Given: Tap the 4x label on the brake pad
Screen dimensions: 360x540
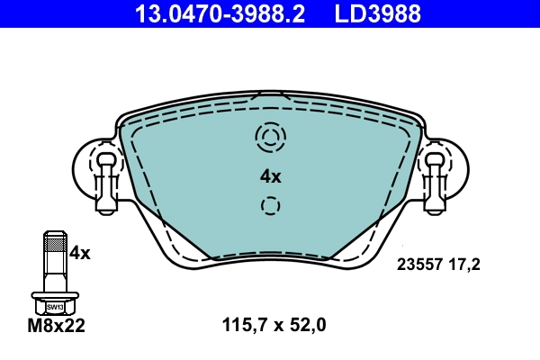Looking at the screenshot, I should [270, 176].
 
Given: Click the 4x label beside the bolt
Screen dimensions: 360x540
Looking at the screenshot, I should [80, 253].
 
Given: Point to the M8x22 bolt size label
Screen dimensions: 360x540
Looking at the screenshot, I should [56, 327].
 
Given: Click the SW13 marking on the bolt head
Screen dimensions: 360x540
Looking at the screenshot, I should [54, 306].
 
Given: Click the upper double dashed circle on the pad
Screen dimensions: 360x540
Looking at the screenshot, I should [270, 138].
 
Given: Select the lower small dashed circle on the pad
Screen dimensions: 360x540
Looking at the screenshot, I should [270, 205].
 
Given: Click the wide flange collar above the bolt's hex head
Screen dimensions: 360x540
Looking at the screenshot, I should [54, 294].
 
